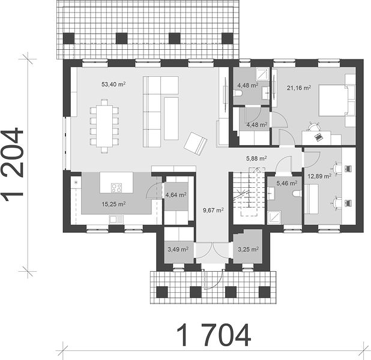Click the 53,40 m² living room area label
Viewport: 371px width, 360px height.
pyautogui.click(x=113, y=84)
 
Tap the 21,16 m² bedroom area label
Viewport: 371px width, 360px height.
pyautogui.click(x=299, y=88)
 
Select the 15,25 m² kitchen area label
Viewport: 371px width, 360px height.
pyautogui.click(x=113, y=204)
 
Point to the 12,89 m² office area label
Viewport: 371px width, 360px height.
pyautogui.click(x=319, y=176)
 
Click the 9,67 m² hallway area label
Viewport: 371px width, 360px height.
pyautogui.click(x=214, y=210)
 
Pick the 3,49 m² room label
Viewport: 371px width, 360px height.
pyautogui.click(x=178, y=249)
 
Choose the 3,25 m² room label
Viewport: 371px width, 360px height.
pyautogui.click(x=248, y=249)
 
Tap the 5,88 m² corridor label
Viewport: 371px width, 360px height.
pyautogui.click(x=256, y=158)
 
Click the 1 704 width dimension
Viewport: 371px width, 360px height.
pyautogui.click(x=214, y=335)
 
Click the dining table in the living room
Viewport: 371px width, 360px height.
pyautogui.click(x=104, y=126)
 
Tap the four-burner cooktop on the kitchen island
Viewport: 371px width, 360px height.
pyautogui.click(x=116, y=188)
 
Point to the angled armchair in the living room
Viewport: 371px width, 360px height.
pyautogui.click(x=196, y=143)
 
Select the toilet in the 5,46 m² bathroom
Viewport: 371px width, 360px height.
pyautogui.click(x=297, y=193)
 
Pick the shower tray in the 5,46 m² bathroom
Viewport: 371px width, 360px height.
pyautogui.click(x=274, y=218)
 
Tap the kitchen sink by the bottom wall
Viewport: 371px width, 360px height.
pyautogui.click(x=116, y=220)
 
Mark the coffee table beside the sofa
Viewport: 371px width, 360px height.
pyautogui.click(x=171, y=119)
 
